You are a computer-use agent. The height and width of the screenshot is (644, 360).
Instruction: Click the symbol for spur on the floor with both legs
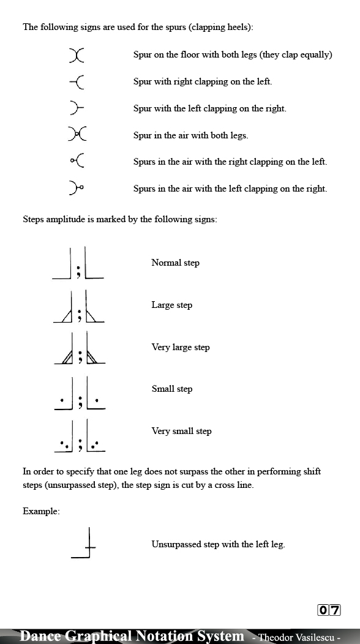pos(77,55)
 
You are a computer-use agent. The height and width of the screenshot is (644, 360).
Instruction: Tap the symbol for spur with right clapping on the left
pos(77,81)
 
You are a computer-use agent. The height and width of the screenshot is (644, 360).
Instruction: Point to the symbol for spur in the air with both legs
pos(77,135)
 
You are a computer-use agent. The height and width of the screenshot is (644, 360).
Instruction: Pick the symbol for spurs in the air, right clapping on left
pos(77,162)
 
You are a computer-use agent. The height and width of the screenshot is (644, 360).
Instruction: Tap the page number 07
pos(329,610)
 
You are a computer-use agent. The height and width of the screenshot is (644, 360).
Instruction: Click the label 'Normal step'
pos(175,263)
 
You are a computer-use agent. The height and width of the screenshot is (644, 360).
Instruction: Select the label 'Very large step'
pos(181,347)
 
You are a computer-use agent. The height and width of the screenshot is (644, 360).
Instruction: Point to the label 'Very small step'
pos(181,431)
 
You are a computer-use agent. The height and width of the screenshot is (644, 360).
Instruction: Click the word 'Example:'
pos(41,511)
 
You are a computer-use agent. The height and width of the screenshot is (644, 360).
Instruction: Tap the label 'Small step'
pos(172,389)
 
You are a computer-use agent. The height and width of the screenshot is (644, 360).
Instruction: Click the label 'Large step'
pos(172,305)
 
